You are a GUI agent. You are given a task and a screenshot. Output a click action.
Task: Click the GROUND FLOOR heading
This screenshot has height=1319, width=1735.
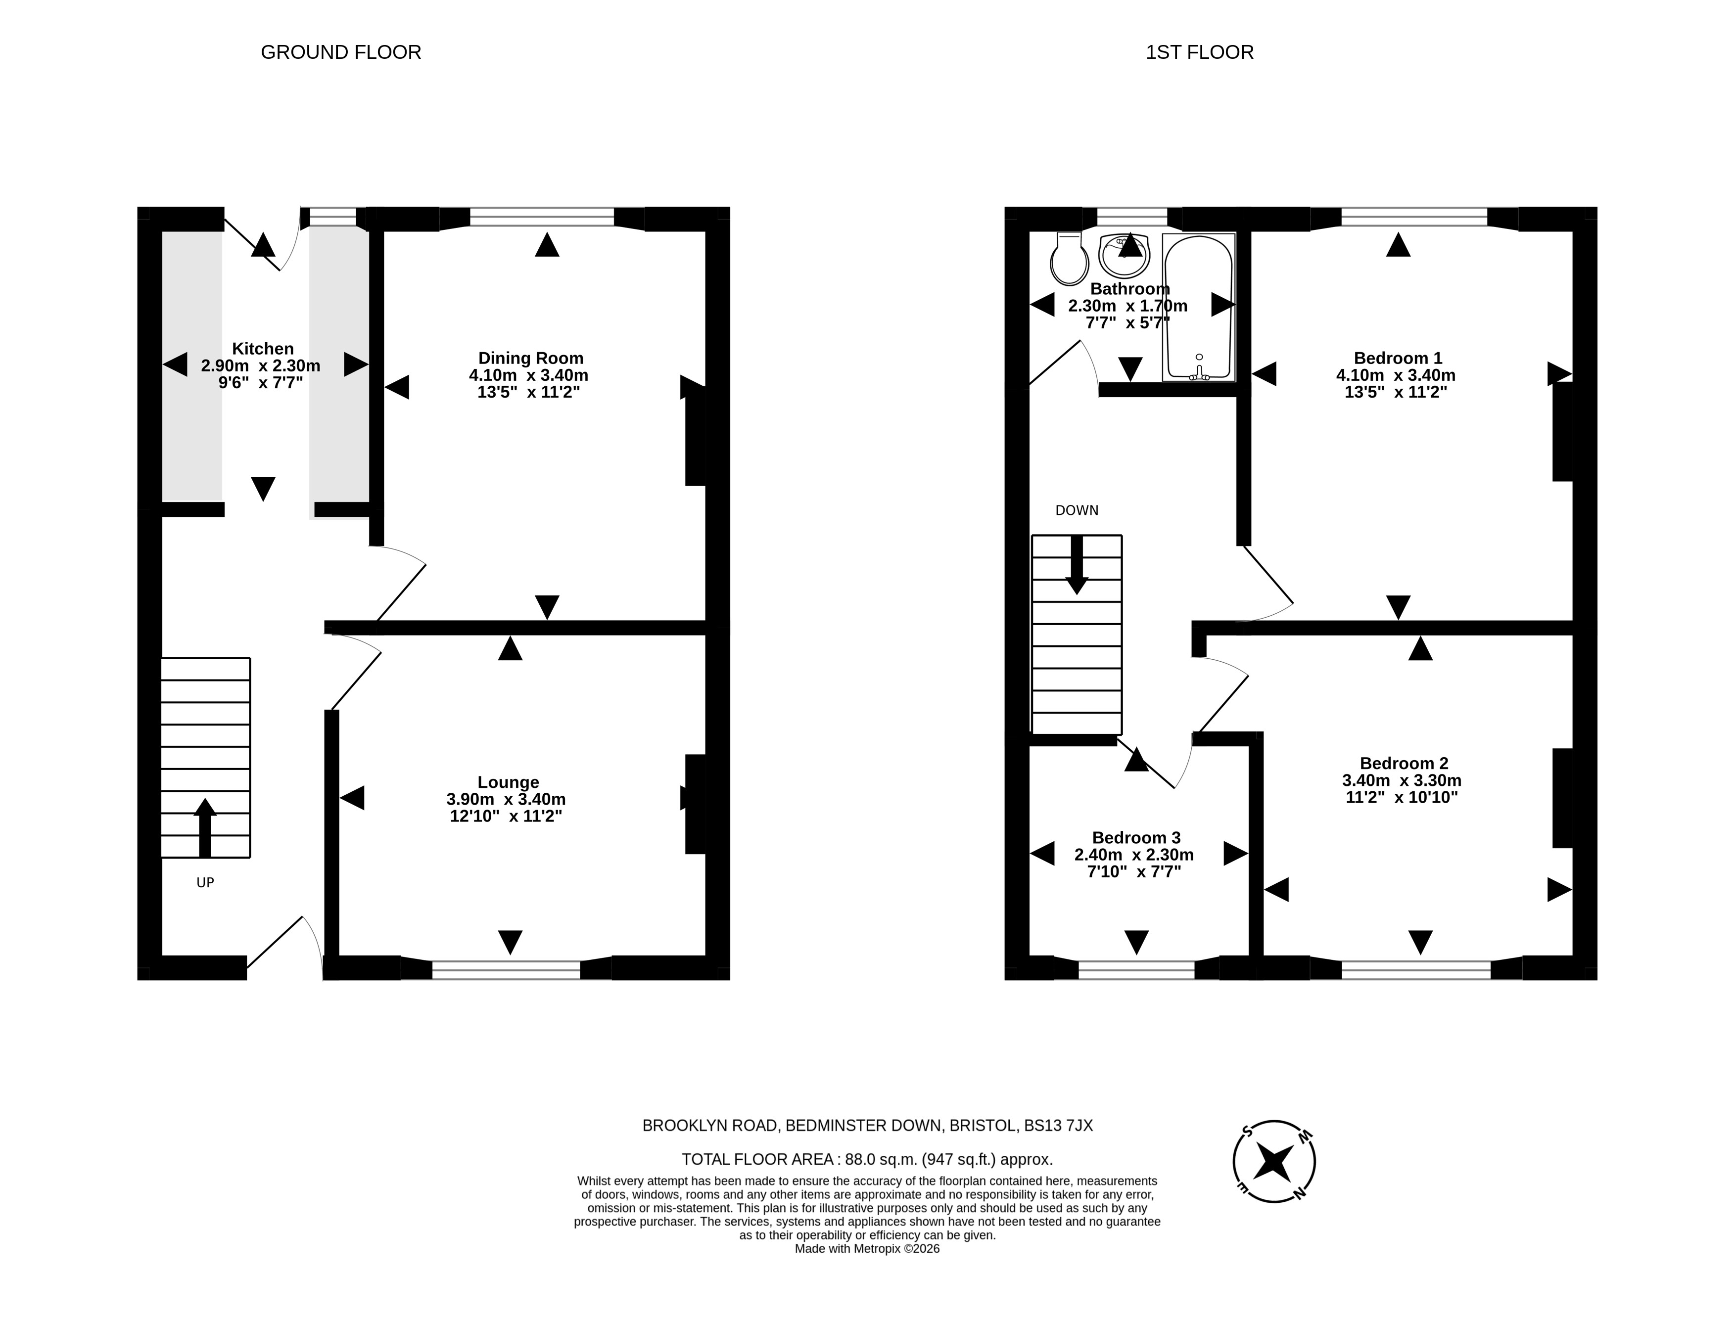pyautogui.click(x=341, y=52)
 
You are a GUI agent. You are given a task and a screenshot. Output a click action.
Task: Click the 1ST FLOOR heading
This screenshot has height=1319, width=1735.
pyautogui.click(x=1199, y=52)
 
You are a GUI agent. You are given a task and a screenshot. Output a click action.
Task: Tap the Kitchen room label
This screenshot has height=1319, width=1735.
pyautogui.click(x=262, y=349)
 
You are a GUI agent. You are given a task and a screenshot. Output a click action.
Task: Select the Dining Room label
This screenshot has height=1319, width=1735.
pyautogui.click(x=531, y=358)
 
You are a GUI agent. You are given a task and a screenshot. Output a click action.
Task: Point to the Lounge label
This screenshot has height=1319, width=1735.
pyautogui.click(x=508, y=782)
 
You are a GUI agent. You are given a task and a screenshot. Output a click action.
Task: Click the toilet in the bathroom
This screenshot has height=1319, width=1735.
pyautogui.click(x=1069, y=258)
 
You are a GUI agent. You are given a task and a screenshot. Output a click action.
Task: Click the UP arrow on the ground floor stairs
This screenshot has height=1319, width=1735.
pyautogui.click(x=205, y=827)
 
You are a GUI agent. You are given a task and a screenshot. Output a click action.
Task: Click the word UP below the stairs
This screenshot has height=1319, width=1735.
pyautogui.click(x=205, y=882)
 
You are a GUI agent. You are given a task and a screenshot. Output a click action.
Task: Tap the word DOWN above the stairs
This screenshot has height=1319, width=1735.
pyautogui.click(x=1077, y=510)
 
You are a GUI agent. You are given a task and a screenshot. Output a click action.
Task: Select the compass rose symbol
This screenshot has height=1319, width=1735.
pyautogui.click(x=1274, y=1161)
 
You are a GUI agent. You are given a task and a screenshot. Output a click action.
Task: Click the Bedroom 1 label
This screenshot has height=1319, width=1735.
pyautogui.click(x=1398, y=358)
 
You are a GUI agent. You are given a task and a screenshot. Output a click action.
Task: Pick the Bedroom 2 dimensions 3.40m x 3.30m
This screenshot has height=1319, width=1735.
pyautogui.click(x=1402, y=780)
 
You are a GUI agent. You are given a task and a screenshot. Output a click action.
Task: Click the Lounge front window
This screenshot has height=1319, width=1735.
pyautogui.click(x=507, y=970)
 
